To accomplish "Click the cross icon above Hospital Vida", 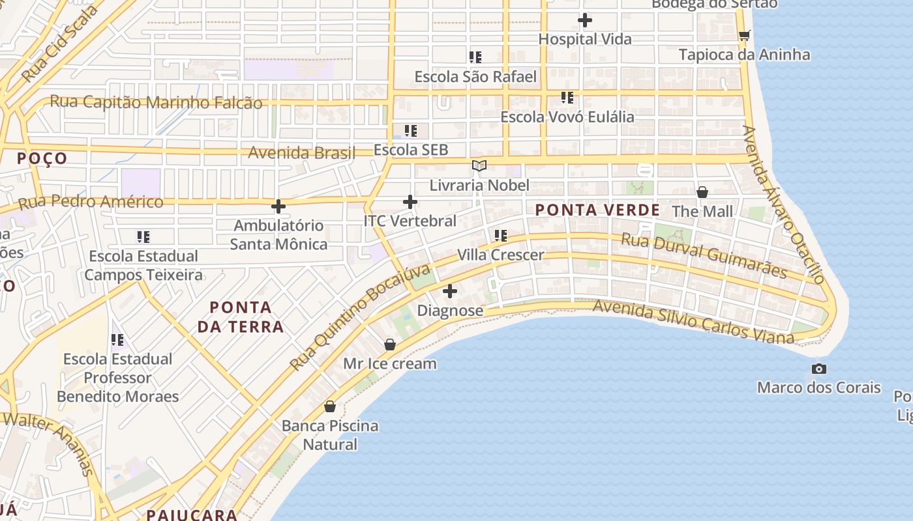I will click(x=585, y=20).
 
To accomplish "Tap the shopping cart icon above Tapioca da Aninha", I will click(x=744, y=36).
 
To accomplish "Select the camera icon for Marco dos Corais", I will click(x=819, y=369).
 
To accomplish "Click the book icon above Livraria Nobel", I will click(x=479, y=166).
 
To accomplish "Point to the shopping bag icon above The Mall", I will click(x=702, y=192).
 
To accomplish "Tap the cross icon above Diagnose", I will click(x=450, y=291).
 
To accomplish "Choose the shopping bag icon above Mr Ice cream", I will click(x=390, y=345).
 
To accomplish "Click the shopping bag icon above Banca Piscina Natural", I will click(x=330, y=406).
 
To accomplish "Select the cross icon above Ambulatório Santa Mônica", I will click(x=278, y=206).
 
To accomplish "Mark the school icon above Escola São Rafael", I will click(x=475, y=57).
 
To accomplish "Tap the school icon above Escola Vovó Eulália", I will click(x=567, y=98).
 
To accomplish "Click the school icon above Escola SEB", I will click(x=410, y=131).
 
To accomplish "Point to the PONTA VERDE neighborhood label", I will click(x=597, y=210).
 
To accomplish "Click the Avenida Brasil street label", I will click(x=302, y=153).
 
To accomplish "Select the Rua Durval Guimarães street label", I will click(x=704, y=255).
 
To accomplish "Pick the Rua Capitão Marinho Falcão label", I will click(x=157, y=102).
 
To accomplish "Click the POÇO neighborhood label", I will click(x=42, y=158).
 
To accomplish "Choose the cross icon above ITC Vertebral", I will click(x=410, y=202).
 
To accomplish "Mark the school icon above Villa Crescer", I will click(x=500, y=235).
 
